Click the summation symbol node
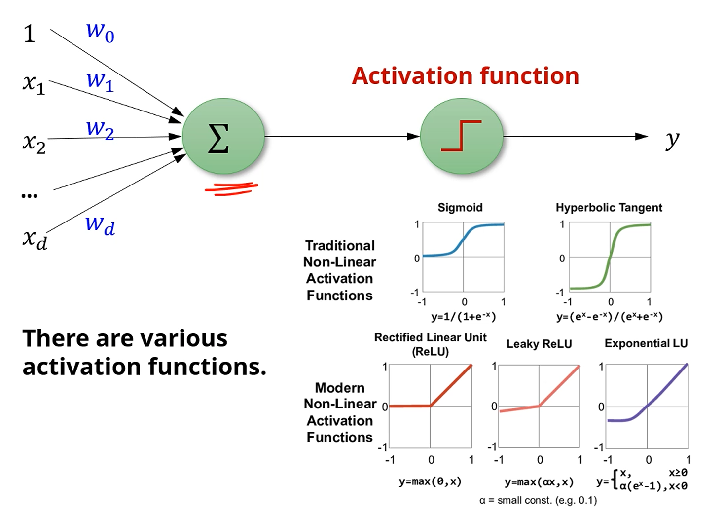point(223,137)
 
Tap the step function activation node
point(461,136)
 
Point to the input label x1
point(34,83)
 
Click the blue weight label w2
point(100,129)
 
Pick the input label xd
point(35,239)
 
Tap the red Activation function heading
point(465,76)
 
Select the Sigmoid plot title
point(460,208)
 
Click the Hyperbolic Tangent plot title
point(609,208)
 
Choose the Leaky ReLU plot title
point(539,344)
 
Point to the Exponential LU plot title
point(646,343)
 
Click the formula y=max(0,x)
point(430,481)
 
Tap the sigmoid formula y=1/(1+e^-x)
point(463,316)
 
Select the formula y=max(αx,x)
point(539,481)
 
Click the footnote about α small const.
point(538,500)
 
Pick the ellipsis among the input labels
point(30,196)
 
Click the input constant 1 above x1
point(30,34)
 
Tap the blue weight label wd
point(100,225)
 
